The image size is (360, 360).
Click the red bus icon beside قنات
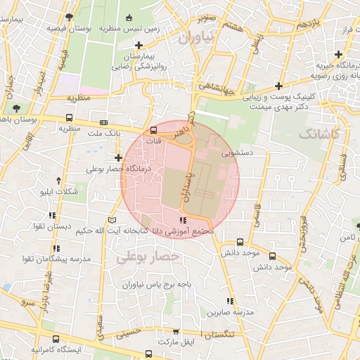click(154, 130)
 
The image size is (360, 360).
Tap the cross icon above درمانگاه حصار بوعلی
click(117, 157)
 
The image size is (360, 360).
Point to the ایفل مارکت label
click(175, 342)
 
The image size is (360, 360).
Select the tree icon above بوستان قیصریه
click(67, 17)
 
